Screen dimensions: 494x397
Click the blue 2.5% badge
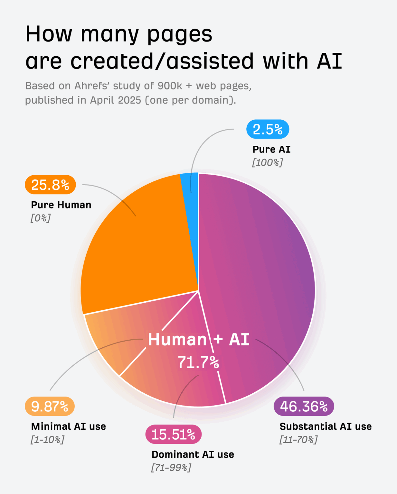click(x=268, y=129)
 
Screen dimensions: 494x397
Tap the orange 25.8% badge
click(x=50, y=185)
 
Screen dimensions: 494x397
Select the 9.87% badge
click(x=50, y=407)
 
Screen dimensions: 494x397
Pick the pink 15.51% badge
click(x=173, y=435)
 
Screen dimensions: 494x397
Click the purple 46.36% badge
click(x=304, y=407)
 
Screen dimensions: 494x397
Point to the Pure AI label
click(x=271, y=150)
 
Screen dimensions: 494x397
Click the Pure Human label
click(x=61, y=205)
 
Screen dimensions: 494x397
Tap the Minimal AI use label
click(x=69, y=426)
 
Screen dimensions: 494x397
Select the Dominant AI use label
click(x=193, y=454)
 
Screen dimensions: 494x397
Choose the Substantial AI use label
click(x=326, y=426)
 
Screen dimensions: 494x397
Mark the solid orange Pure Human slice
click(x=138, y=248)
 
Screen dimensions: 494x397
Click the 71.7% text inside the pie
click(x=198, y=362)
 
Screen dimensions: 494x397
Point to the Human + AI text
click(x=199, y=340)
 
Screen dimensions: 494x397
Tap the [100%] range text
click(x=267, y=162)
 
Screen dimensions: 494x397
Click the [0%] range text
click(x=41, y=218)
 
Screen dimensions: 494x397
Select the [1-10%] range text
click(x=47, y=439)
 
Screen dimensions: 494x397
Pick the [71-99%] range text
click(x=171, y=467)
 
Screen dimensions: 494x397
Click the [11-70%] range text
click(x=298, y=439)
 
